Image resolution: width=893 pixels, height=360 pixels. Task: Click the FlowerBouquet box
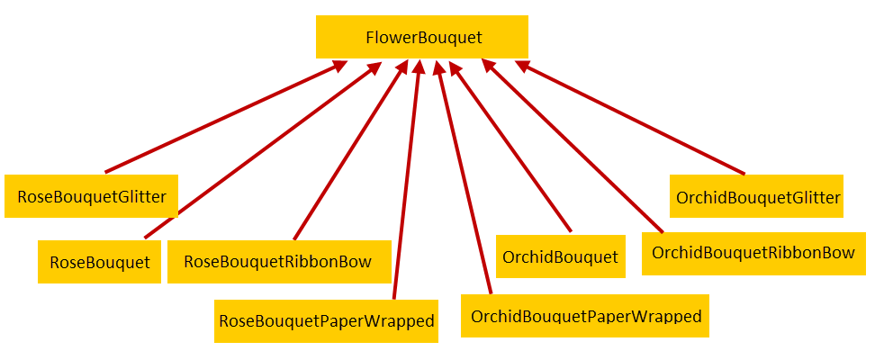coord(422,37)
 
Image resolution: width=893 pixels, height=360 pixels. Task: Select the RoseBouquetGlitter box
coord(91,196)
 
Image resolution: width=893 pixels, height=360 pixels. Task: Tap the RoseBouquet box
coord(100,262)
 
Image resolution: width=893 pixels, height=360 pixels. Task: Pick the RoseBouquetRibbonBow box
coord(279,262)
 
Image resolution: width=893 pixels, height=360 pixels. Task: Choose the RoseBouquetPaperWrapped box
coord(327,321)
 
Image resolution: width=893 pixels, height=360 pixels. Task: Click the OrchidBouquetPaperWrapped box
coord(585,316)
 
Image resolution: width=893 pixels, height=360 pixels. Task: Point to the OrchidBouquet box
coord(561,256)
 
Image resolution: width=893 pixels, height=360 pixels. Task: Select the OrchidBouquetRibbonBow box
coord(753,254)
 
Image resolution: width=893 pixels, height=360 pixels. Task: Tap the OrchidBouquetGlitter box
coord(756,196)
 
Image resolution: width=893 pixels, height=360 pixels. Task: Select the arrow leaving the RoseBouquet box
coord(263,149)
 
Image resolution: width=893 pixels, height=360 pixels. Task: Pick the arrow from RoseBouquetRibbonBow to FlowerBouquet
coord(351,149)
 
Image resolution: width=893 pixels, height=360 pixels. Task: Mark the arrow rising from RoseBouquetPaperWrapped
coord(407,179)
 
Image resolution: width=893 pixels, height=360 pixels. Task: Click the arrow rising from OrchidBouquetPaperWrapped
coord(463,176)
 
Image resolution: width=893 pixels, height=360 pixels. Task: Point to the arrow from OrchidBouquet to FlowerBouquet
coord(510,146)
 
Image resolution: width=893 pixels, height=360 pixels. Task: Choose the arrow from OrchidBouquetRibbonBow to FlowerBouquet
coord(573,146)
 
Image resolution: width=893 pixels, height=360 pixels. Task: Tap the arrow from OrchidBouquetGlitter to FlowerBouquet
coord(629,117)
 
